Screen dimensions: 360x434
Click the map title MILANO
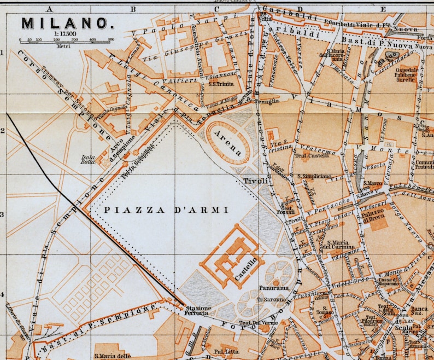point(64,24)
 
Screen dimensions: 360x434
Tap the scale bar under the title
point(66,40)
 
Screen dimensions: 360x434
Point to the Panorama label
point(273,288)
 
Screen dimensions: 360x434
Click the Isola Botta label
point(89,159)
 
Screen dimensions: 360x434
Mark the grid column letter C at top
point(216,9)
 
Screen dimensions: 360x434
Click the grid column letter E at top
point(383,9)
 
